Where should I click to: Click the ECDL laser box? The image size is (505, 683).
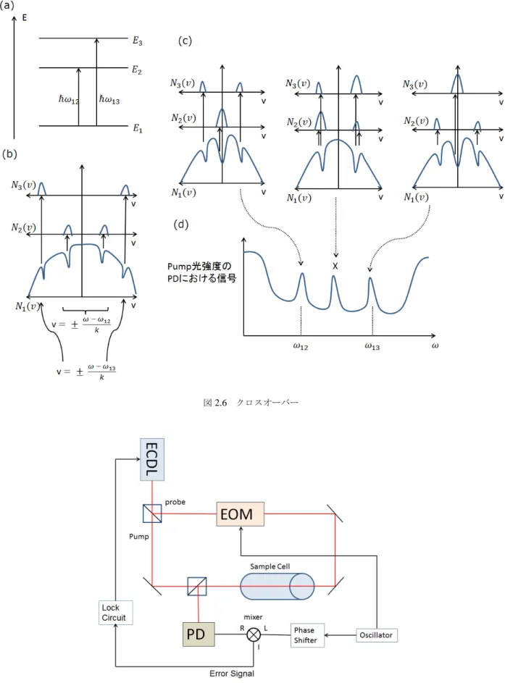pos(152,459)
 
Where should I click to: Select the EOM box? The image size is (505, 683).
pos(240,514)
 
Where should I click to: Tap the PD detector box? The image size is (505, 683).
pos(199,634)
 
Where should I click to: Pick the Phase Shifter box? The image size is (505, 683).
pos(307,635)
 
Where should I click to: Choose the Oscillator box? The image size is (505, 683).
pos(377,635)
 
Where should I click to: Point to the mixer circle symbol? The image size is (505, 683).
pos(254,634)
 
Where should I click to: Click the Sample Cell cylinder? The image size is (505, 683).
pos(277,586)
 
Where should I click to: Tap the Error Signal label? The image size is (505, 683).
pos(232,674)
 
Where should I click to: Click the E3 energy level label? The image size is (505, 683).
pos(137,41)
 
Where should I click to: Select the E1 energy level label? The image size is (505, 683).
pos(137,128)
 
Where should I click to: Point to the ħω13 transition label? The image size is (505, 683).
pos(109,100)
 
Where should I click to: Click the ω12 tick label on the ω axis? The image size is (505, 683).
pos(301,347)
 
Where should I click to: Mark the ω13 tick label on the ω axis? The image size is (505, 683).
pos(372,347)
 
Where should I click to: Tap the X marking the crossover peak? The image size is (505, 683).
pos(335,266)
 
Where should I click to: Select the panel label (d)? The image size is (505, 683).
pos(181,225)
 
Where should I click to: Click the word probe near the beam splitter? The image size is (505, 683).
pos(175,502)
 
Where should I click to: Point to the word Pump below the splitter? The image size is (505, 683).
pos(139,537)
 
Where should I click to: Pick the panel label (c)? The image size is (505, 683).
pos(185,41)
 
